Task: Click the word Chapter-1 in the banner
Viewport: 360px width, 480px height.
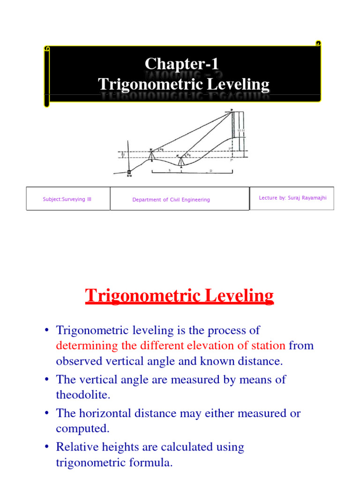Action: pyautogui.click(x=182, y=64)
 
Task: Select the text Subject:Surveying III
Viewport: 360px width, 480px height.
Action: pyautogui.click(x=67, y=199)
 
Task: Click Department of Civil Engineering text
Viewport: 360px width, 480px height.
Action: pyautogui.click(x=171, y=200)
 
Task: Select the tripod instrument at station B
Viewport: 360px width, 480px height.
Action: pyautogui.click(x=151, y=155)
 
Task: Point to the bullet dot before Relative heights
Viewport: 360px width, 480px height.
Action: pyautogui.click(x=47, y=447)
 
